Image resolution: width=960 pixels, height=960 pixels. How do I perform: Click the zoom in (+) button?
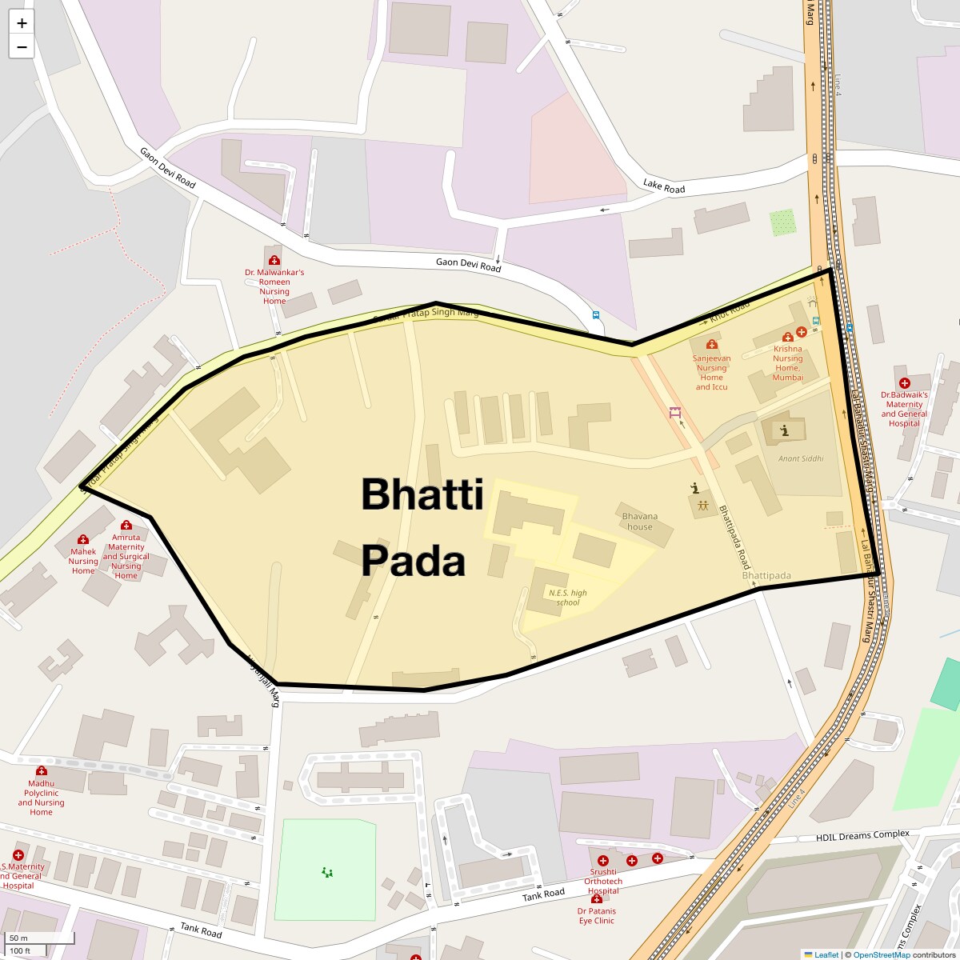click(22, 23)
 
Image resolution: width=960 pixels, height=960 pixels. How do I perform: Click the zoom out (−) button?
click(22, 47)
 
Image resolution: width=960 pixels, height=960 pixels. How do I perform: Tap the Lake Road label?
click(664, 187)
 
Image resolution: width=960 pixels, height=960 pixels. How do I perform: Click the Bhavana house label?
click(640, 522)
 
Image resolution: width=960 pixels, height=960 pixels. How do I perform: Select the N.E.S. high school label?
click(567, 598)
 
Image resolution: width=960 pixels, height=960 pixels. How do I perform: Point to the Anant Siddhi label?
click(801, 458)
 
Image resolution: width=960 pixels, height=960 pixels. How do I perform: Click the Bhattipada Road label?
click(734, 533)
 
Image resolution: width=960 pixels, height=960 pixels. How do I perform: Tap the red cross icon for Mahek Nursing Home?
click(83, 540)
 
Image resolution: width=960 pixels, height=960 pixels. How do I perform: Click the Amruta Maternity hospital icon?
click(126, 526)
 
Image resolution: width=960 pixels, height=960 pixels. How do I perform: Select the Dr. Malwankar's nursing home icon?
click(274, 260)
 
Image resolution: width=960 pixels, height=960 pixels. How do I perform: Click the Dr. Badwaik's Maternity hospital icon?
click(904, 383)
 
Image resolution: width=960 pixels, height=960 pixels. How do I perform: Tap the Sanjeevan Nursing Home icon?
click(711, 345)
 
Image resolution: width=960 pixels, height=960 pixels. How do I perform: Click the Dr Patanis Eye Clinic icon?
click(597, 899)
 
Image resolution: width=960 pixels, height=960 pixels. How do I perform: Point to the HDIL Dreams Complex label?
click(862, 835)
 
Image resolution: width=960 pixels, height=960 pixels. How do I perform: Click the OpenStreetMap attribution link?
click(881, 954)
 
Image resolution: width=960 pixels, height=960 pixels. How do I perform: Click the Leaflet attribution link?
click(826, 954)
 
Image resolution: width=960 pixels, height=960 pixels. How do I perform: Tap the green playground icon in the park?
click(326, 872)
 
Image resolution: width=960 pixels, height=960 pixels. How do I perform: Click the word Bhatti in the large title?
click(422, 494)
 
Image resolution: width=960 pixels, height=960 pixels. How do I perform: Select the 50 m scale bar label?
click(18, 938)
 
